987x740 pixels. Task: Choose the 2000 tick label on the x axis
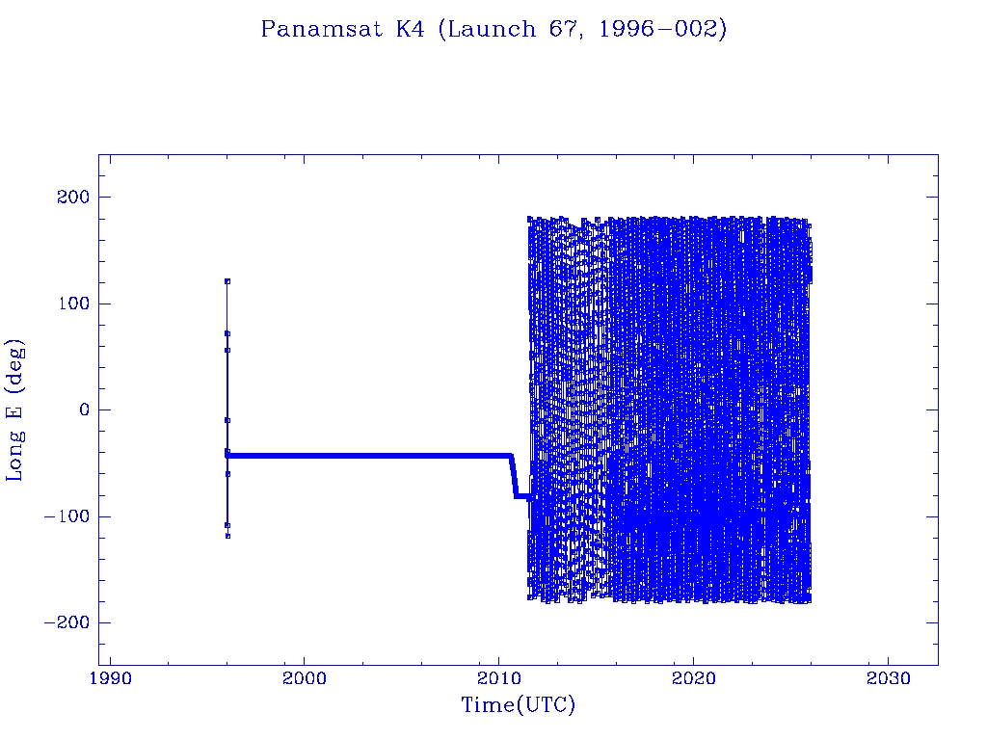point(305,678)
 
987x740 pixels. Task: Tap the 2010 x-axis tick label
point(499,678)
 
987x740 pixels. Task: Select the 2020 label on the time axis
point(694,678)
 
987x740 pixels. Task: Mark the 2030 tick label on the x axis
point(888,678)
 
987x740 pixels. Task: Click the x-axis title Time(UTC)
point(518,705)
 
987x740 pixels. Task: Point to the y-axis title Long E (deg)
point(15,410)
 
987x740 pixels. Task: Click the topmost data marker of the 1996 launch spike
point(227,281)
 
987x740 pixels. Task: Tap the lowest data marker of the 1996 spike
point(227,536)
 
